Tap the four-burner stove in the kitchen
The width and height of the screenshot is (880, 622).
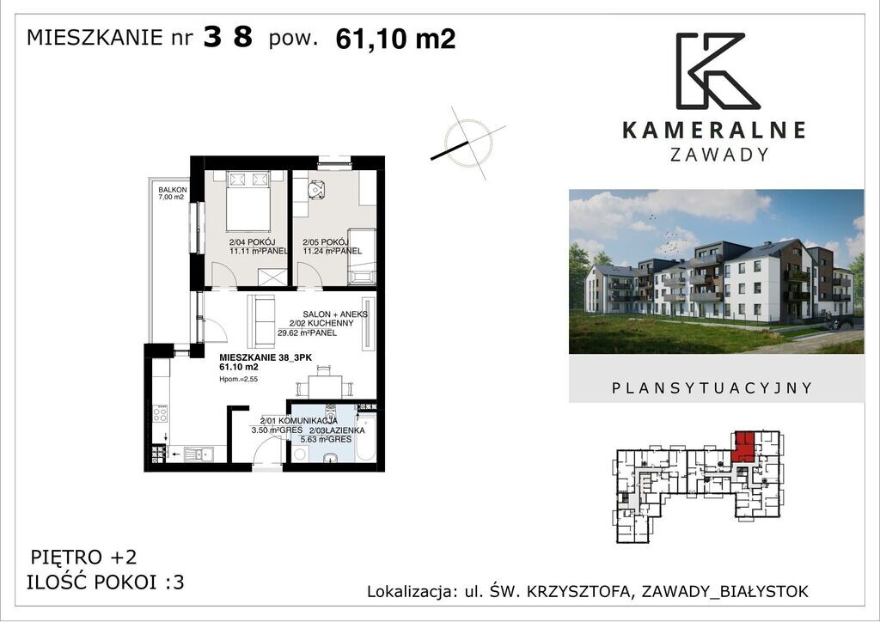160,413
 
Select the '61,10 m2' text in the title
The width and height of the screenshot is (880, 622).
395,39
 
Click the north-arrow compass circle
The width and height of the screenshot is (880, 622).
468,143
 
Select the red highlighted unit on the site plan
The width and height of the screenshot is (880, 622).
743,446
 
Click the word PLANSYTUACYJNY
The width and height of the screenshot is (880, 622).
712,388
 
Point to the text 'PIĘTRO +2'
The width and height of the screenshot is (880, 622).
83,557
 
